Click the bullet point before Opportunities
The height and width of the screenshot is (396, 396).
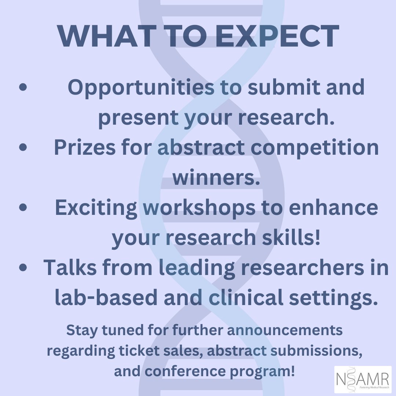(23, 88)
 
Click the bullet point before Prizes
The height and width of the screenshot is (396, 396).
(23, 147)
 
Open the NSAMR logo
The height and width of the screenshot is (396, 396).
(363, 379)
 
